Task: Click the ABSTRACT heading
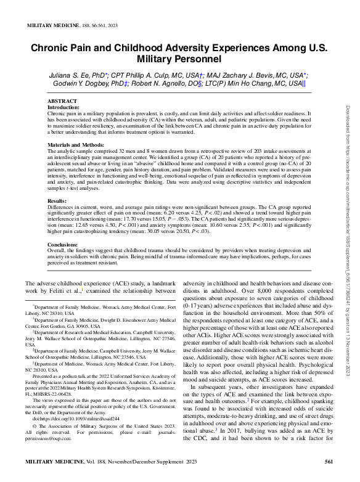click(x=62, y=100)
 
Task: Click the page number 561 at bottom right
click(x=329, y=461)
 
